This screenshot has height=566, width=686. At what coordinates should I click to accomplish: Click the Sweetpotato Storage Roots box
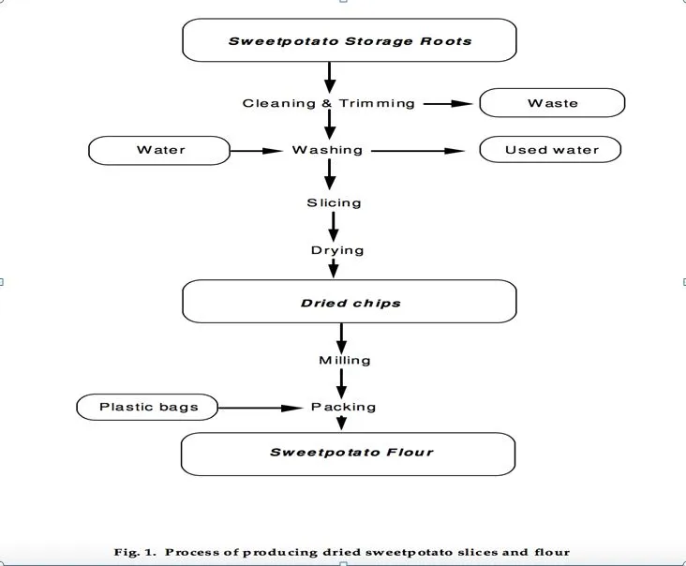coord(350,40)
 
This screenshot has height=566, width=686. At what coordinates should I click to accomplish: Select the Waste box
coord(552,103)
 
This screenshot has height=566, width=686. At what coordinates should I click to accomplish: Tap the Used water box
coord(551,150)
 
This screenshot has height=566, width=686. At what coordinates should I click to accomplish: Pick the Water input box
coord(159,150)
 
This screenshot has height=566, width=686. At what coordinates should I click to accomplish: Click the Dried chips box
coord(350,303)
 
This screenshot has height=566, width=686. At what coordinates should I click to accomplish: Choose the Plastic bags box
coord(146,407)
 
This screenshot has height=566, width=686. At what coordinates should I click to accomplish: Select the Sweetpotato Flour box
coord(350,453)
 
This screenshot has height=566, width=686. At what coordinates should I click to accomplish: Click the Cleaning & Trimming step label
coord(328,103)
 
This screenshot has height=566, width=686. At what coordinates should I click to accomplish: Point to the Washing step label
coord(327,150)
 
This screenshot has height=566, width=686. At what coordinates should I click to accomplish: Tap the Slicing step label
coord(334,202)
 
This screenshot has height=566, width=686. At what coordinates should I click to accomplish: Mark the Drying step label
coord(337,250)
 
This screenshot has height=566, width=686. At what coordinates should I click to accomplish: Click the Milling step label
coord(345,360)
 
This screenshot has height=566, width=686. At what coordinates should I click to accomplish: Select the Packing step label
coord(344,407)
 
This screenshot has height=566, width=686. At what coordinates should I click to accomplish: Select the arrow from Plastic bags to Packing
coord(263,407)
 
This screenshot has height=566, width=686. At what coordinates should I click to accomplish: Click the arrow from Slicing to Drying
coord(333,226)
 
